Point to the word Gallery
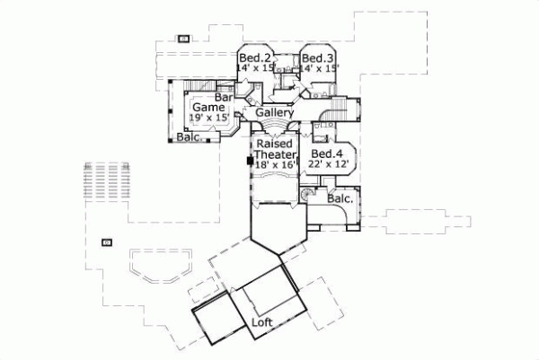point(274,114)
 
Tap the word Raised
point(273,144)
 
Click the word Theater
point(274,154)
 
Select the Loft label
point(262,320)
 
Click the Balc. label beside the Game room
point(188,137)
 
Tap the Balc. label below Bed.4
point(340,198)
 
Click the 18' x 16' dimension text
point(274,165)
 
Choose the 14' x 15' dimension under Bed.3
point(320,67)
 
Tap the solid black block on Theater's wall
point(250,160)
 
